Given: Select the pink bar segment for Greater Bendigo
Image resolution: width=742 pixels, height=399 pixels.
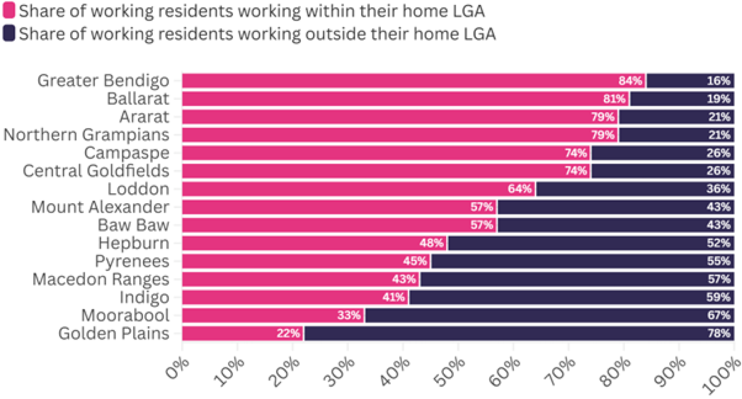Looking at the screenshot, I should [396, 81].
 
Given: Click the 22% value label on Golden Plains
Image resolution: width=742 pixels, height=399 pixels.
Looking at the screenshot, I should [288, 334].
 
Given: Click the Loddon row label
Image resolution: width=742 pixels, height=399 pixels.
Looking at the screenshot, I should [139, 189].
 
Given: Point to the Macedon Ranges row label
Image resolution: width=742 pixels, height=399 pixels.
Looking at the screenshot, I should [101, 279].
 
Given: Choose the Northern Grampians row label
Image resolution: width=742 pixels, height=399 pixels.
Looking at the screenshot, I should [86, 135].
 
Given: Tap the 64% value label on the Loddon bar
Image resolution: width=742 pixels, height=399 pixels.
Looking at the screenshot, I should [519, 189].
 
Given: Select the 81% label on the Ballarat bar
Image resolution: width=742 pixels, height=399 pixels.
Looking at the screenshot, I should [614, 99].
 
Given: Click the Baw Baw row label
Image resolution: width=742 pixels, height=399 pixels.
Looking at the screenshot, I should [134, 225].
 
